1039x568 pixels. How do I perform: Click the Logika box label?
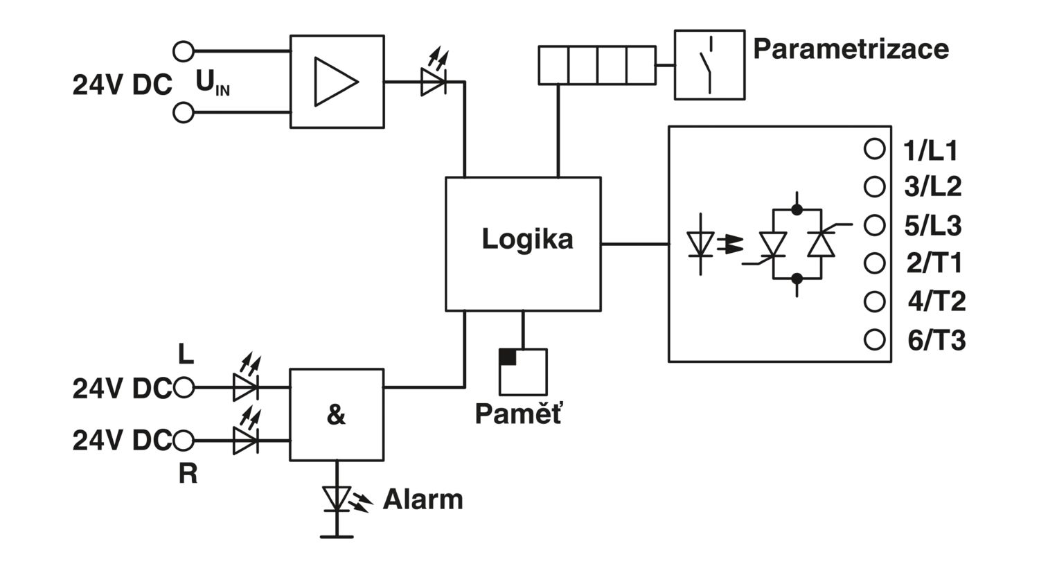tap(527, 240)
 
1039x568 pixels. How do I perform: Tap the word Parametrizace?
tap(851, 48)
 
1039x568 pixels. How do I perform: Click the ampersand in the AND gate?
tap(336, 414)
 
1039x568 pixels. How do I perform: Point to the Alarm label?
tap(423, 499)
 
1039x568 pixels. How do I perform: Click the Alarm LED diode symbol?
tap(337, 499)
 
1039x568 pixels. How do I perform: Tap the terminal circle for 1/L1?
tap(874, 149)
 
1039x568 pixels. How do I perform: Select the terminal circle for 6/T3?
tap(874, 339)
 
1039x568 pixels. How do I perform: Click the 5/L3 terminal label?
tap(933, 226)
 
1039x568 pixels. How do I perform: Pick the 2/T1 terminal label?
tap(934, 263)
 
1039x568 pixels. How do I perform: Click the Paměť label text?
tap(519, 413)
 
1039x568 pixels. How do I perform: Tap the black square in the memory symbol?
tap(508, 357)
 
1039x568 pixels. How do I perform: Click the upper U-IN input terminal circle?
tap(184, 51)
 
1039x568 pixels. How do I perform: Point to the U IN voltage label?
tap(213, 83)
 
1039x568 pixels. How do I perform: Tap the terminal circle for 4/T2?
tap(874, 301)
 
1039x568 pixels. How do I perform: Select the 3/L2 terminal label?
tap(933, 187)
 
